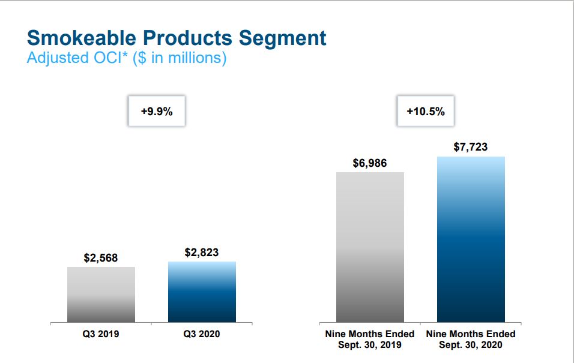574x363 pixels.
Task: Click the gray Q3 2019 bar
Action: click(101, 295)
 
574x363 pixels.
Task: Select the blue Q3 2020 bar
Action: click(202, 292)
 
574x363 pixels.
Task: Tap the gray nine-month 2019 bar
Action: click(370, 247)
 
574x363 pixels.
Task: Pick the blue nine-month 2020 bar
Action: click(471, 239)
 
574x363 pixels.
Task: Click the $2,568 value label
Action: click(101, 258)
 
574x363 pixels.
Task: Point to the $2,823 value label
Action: click(202, 253)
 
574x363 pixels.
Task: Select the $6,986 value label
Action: click(370, 163)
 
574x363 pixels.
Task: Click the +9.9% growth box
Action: click(157, 111)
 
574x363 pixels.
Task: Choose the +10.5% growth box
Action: click(426, 111)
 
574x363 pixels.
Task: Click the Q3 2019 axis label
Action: click(101, 334)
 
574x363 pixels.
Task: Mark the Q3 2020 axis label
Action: click(202, 334)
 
